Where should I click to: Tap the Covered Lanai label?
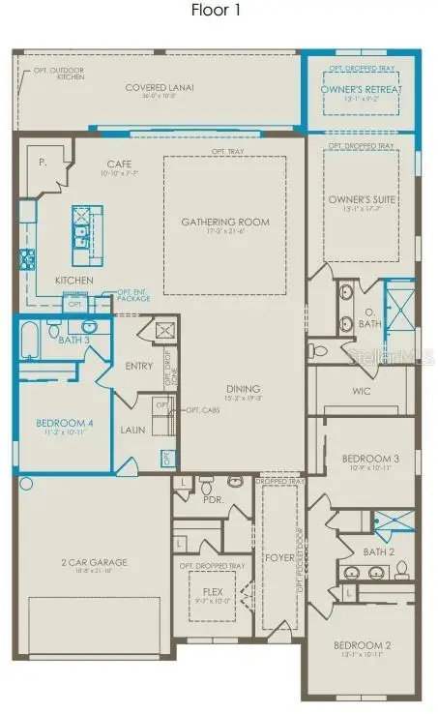coord(160,87)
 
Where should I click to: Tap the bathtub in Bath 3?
coord(29,342)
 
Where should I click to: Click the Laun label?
coord(132,430)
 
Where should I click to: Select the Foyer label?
coord(281,557)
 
